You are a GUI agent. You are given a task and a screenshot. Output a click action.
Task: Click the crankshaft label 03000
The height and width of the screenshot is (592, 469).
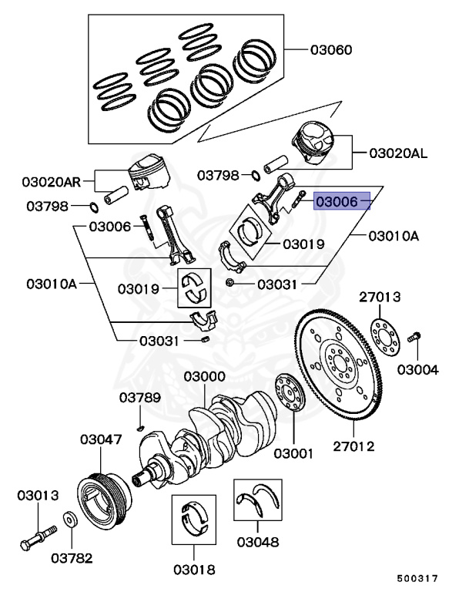204,376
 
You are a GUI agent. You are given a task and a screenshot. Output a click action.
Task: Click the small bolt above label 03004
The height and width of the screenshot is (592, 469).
415,337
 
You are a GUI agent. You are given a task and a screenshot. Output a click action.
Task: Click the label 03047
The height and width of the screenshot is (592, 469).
100,439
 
